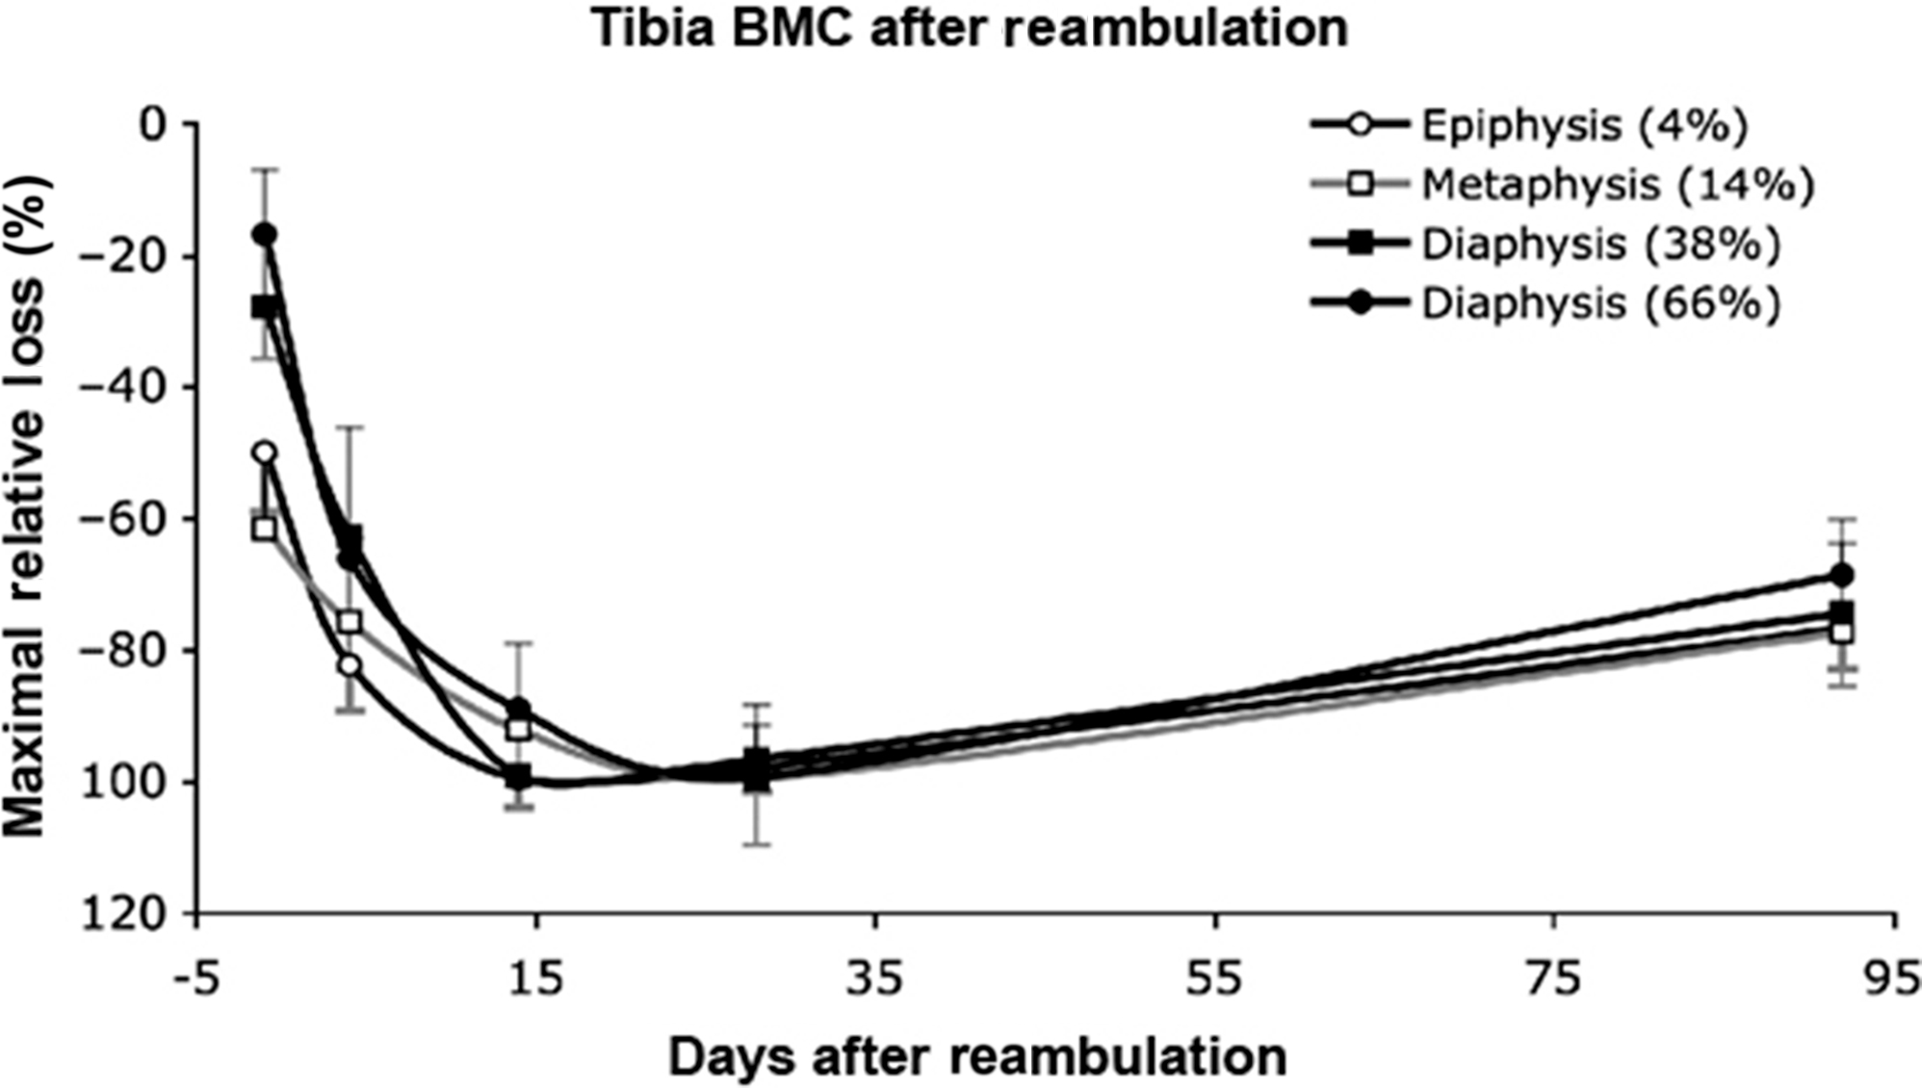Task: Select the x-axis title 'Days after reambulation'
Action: point(976,1057)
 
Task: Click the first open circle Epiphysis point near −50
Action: point(264,453)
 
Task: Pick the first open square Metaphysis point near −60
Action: point(264,529)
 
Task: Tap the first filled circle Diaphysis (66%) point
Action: point(264,234)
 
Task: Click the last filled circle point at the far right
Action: point(1842,575)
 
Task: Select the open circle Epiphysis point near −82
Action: point(350,665)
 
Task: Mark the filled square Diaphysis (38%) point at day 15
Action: point(519,776)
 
